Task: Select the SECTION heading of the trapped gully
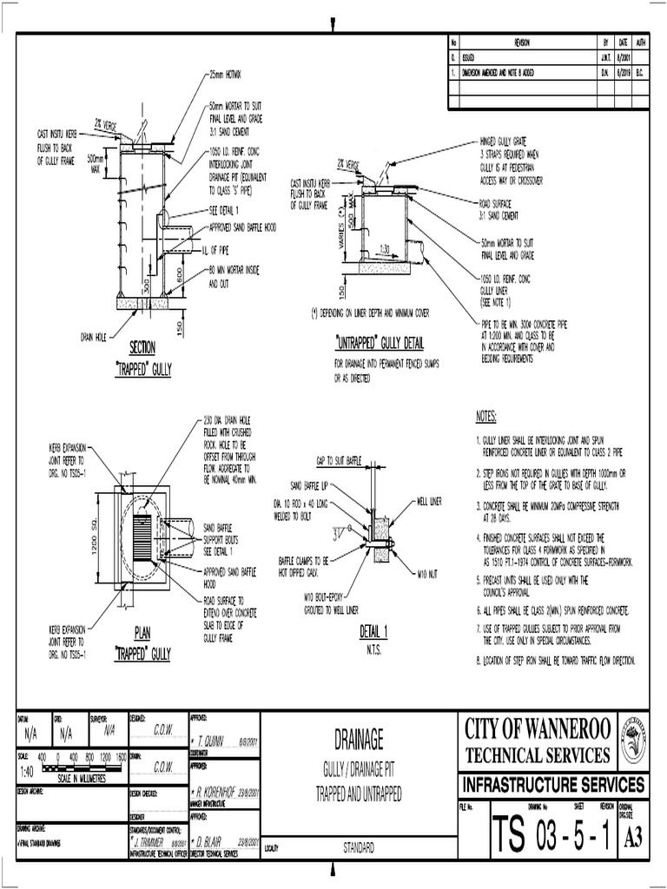142,346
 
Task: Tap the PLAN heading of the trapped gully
142,632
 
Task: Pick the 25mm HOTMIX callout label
228,76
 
